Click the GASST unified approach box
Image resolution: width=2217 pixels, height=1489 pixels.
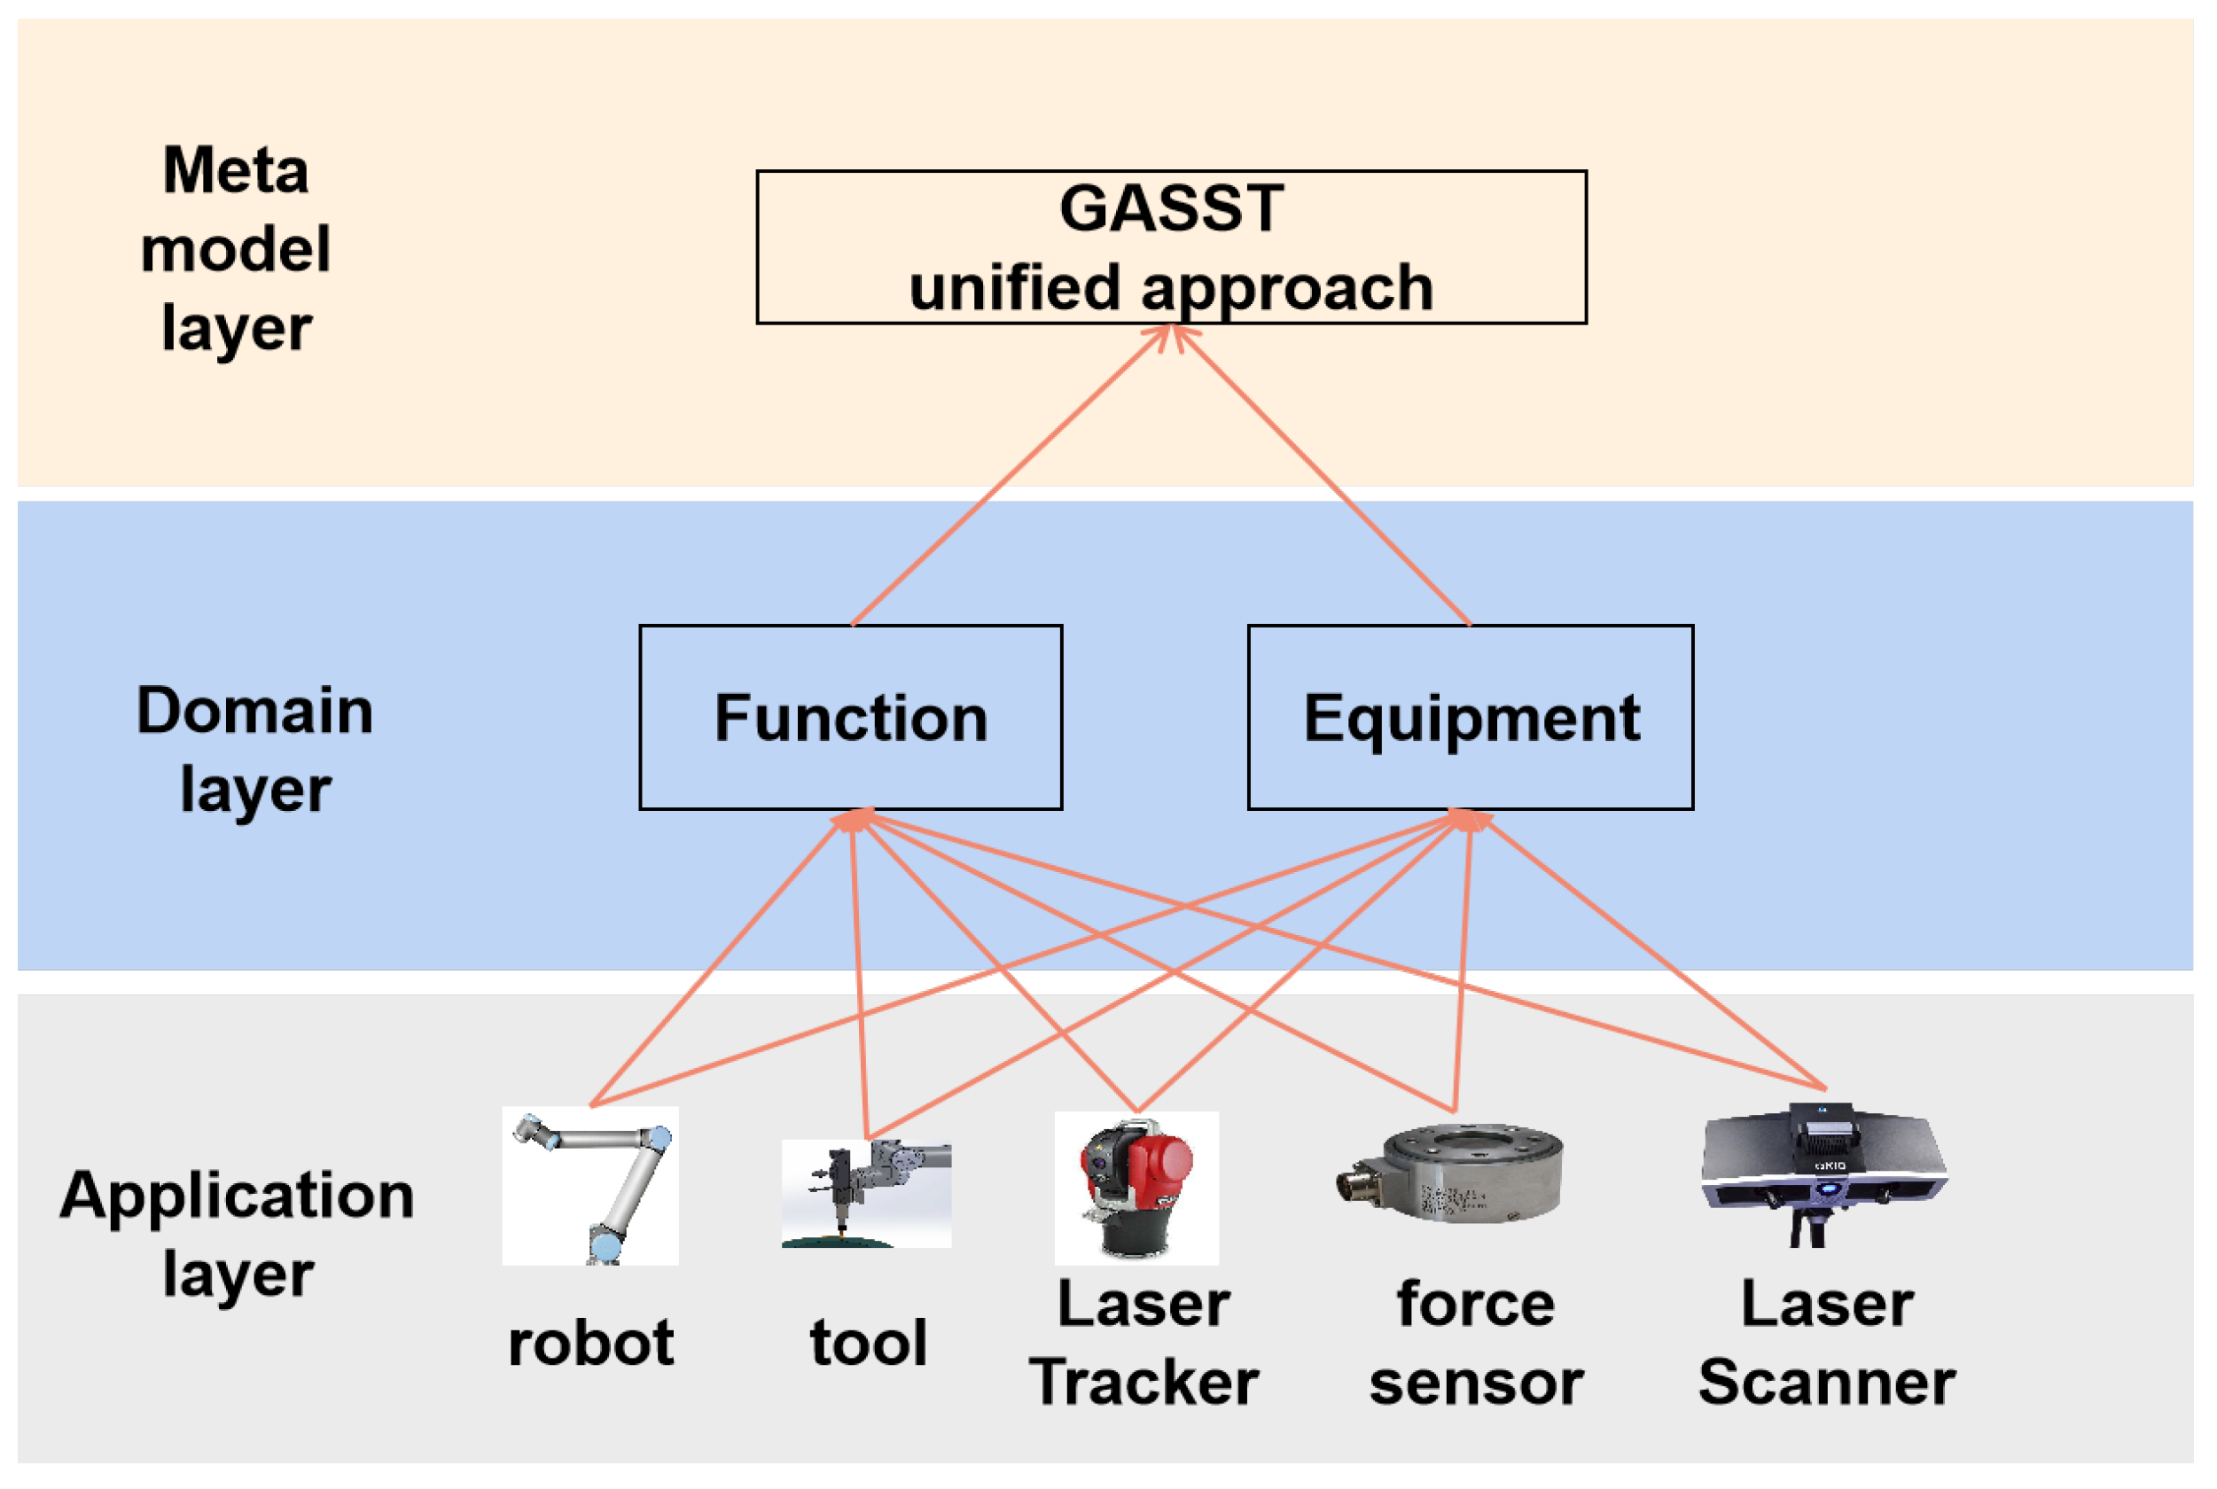click(1171, 247)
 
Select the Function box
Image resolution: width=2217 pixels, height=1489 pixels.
click(851, 717)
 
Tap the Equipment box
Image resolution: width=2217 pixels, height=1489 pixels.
click(1470, 717)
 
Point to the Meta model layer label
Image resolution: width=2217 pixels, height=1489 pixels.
click(236, 249)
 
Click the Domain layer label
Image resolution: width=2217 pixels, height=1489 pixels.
click(254, 748)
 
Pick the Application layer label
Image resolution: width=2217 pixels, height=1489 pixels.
click(238, 1233)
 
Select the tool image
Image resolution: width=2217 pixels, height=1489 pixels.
click(866, 1194)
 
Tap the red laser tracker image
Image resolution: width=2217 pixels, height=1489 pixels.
click(1136, 1187)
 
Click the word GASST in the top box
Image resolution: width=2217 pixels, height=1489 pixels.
click(1171, 208)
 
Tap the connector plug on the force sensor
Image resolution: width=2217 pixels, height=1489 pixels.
click(1360, 1185)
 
